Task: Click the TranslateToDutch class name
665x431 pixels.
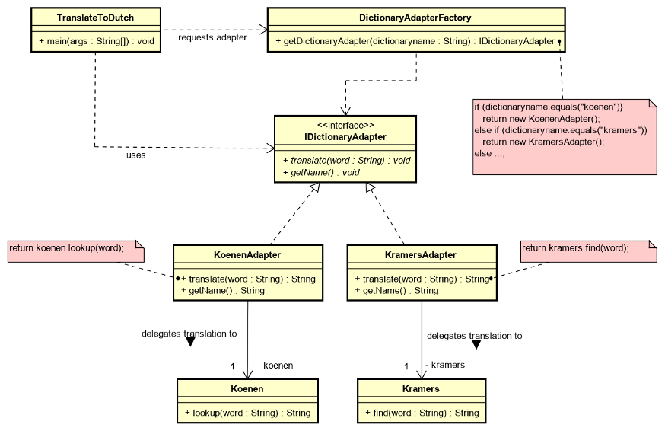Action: point(97,18)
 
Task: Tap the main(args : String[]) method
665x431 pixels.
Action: point(96,40)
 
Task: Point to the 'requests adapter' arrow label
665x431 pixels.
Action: point(212,37)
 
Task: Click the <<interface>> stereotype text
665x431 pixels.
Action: point(345,125)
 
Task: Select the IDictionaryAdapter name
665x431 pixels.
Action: point(345,137)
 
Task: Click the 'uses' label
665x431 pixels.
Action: point(135,155)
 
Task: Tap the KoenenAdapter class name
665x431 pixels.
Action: point(248,255)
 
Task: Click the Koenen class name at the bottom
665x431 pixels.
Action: point(247,389)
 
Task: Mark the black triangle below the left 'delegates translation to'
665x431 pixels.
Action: point(190,342)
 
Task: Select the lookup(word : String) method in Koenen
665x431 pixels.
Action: point(247,413)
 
